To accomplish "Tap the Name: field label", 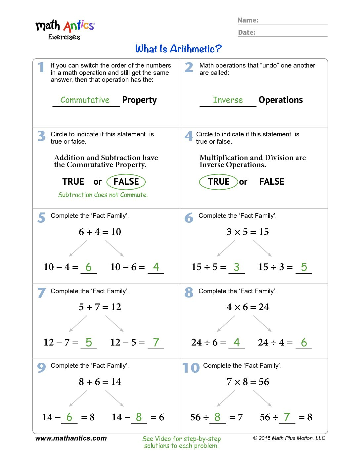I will click(248, 20).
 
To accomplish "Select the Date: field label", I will click(247, 32).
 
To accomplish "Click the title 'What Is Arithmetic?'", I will click(178, 49).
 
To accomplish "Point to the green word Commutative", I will click(85, 100).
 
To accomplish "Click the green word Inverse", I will click(228, 100).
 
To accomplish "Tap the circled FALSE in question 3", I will click(126, 182).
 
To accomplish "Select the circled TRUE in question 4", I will click(218, 182).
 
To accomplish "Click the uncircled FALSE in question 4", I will click(272, 182).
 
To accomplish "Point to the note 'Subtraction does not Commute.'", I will click(103, 195).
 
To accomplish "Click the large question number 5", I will click(41, 217).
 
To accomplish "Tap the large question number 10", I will click(191, 368).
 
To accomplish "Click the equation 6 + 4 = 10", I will click(100, 232).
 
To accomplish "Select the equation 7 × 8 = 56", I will click(248, 382).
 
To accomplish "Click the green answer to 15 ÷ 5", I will click(236, 267).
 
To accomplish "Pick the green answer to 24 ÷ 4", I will click(304, 342).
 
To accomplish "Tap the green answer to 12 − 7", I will click(89, 342).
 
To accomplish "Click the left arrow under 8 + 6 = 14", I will click(78, 398).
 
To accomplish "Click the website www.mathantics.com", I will click(71, 438).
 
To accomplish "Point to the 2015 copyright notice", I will click(289, 438).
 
